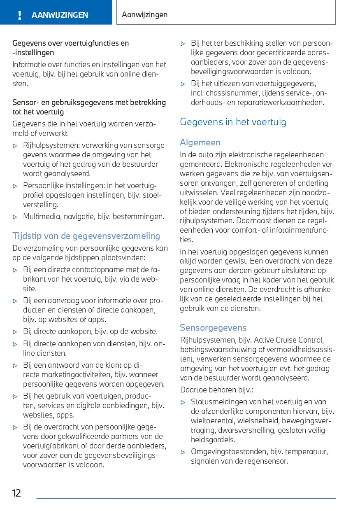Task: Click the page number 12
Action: coord(16,493)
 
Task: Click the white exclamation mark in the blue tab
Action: coord(19,15)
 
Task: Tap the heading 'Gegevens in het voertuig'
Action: coord(233,122)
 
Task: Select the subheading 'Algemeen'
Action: coord(200,142)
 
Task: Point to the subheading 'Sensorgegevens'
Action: coord(213,328)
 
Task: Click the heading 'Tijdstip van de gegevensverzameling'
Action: coord(86,236)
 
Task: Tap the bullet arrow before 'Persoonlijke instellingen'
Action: coord(15,186)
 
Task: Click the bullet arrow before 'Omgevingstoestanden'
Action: coord(183,452)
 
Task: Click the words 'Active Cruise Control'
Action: coord(288,340)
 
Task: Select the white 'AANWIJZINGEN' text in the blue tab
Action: coord(60,15)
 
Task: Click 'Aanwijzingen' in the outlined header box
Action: coord(145,15)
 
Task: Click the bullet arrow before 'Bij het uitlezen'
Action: coord(183,84)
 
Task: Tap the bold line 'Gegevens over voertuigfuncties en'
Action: coord(70,43)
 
